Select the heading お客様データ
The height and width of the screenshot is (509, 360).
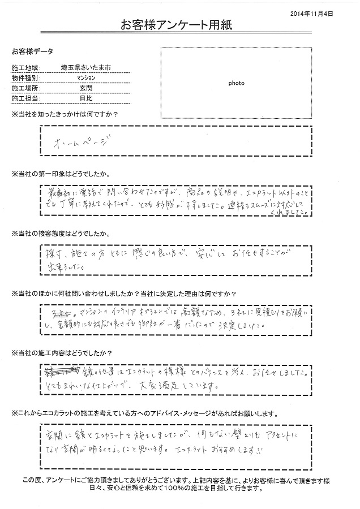(32, 51)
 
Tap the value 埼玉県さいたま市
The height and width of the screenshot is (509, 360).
(85, 67)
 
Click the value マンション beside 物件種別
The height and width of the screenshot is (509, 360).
(85, 77)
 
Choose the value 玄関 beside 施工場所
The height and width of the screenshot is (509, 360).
(85, 88)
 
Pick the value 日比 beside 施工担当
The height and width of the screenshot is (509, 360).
(85, 98)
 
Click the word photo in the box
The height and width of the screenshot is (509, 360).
(236, 83)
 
